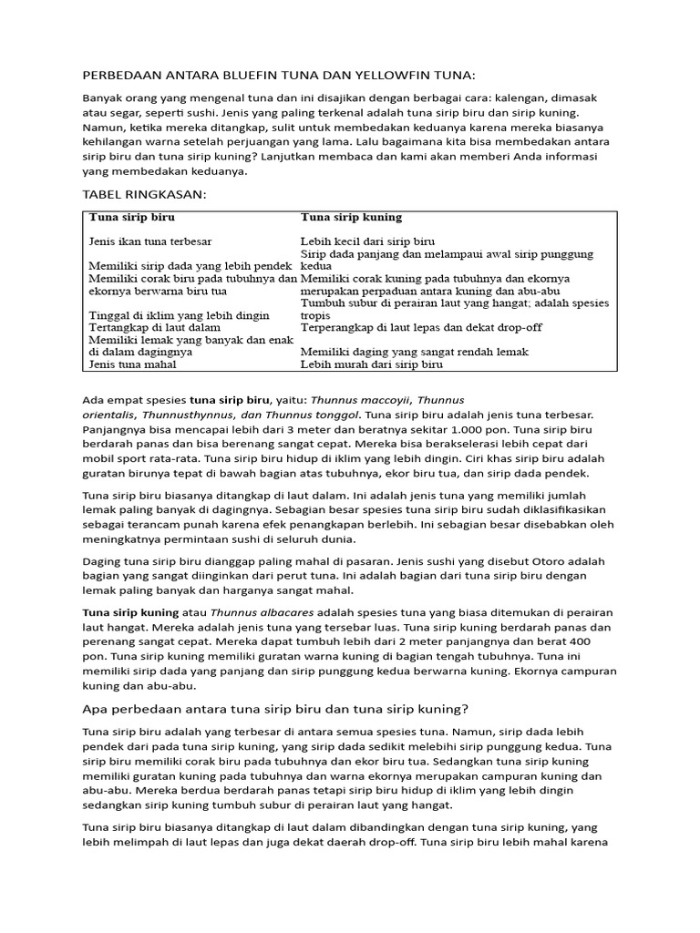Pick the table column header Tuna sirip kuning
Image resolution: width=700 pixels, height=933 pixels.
[x=351, y=218]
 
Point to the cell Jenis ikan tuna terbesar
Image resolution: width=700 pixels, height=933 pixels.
[x=150, y=241]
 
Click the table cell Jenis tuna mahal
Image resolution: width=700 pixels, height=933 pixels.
[x=132, y=364]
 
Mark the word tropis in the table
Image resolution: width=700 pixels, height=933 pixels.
[x=315, y=315]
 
